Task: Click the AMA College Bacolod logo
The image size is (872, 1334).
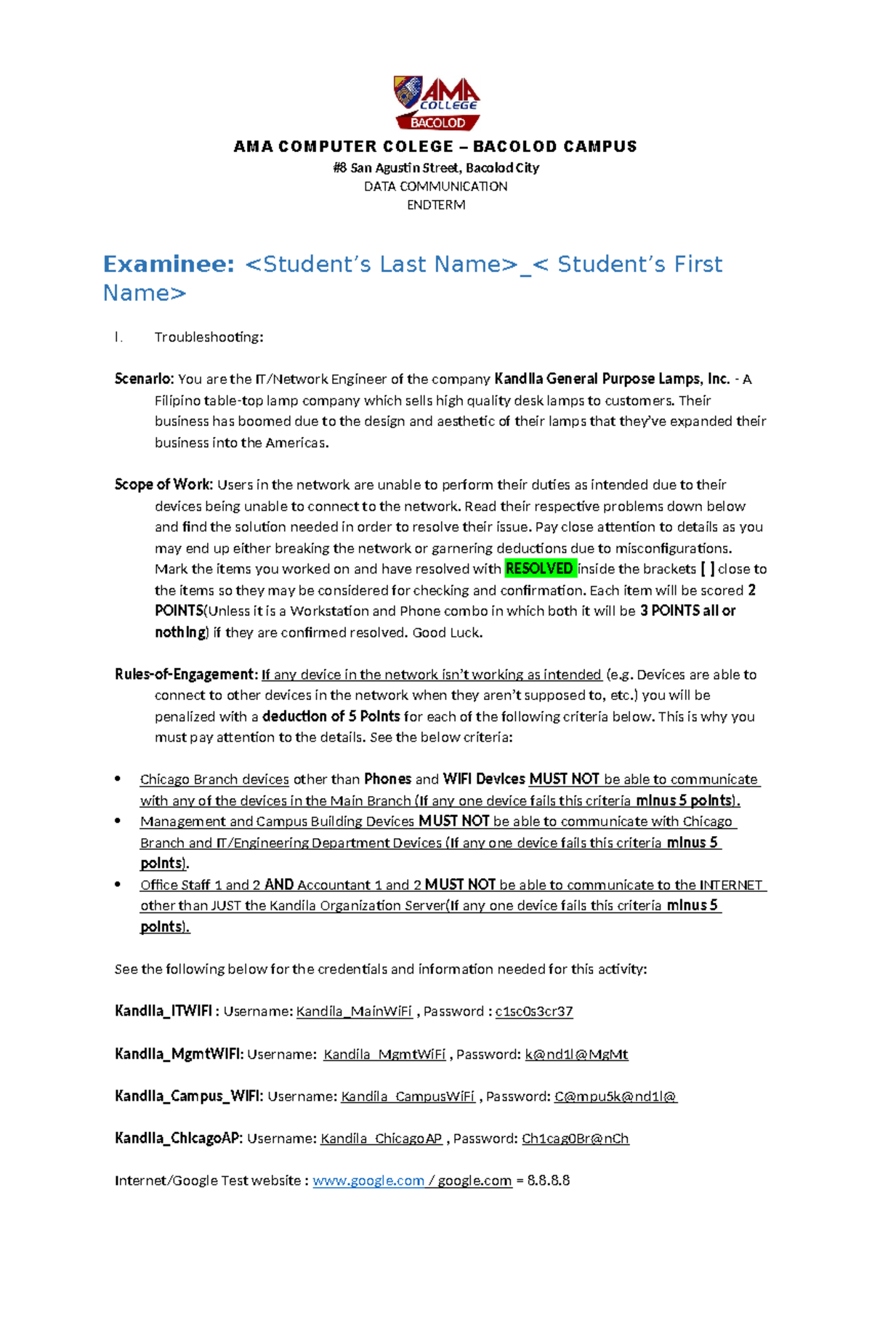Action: tap(437, 103)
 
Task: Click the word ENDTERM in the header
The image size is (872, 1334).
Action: tap(436, 205)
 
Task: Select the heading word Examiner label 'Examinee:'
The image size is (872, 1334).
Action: tap(169, 264)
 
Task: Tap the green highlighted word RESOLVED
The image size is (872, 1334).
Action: tap(539, 568)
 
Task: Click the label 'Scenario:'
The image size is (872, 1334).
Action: tap(144, 379)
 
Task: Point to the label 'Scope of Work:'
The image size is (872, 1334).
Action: tap(163, 485)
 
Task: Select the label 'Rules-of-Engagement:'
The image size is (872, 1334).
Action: tap(186, 675)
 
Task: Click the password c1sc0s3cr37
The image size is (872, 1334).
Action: tap(534, 1011)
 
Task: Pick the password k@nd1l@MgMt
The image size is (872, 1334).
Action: tap(576, 1054)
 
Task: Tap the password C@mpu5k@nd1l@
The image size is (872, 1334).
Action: tap(615, 1096)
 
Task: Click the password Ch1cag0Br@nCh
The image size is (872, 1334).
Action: tap(575, 1138)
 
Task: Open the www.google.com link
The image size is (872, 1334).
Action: tap(368, 1181)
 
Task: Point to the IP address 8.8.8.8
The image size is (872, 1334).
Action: tap(549, 1181)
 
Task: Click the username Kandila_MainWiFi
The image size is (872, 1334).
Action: tap(355, 1011)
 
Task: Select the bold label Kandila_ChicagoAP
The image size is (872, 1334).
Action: tap(178, 1138)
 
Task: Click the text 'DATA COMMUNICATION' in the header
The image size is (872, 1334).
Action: tap(436, 186)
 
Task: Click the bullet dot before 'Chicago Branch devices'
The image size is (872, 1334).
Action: tap(118, 779)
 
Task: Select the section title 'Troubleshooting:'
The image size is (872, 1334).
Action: tap(209, 337)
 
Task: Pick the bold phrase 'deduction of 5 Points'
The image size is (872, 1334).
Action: tap(331, 716)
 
